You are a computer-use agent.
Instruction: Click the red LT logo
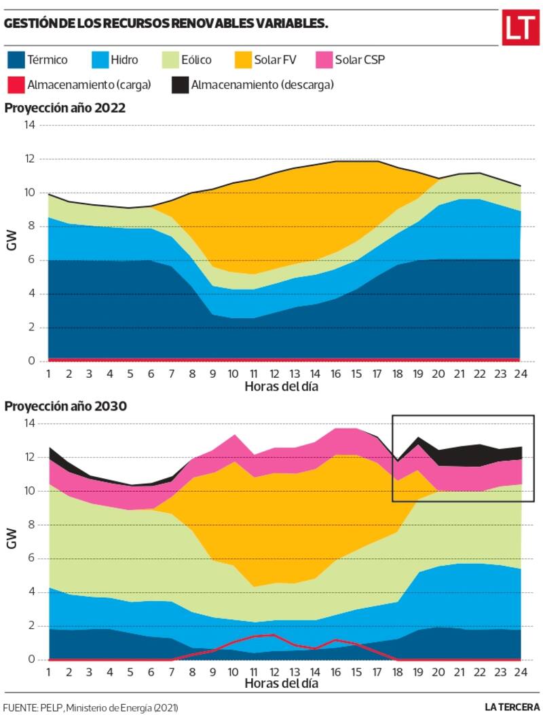(520, 28)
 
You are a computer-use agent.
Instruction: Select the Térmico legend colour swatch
(15, 60)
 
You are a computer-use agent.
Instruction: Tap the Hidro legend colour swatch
(100, 60)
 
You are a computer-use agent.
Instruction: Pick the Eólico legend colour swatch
(170, 60)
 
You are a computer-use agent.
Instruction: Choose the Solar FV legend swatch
(241, 60)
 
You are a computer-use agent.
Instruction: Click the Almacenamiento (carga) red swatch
(15, 85)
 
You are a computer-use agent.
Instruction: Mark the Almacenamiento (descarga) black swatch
(179, 85)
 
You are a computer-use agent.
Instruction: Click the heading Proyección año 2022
(65, 108)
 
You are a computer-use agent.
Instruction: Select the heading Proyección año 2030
(65, 406)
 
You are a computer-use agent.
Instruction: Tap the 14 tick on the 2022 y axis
(29, 125)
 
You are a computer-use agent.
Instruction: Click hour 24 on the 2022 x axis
(519, 374)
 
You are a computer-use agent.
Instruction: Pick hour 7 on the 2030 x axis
(172, 672)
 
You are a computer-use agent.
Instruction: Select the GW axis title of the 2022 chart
(12, 243)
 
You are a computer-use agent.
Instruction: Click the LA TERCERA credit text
(512, 707)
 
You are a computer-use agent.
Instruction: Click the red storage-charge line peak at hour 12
(273, 635)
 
